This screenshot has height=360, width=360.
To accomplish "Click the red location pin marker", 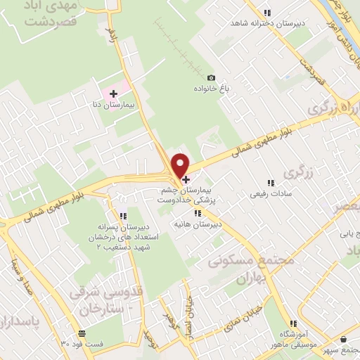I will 181,165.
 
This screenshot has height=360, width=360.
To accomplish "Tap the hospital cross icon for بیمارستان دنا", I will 113,93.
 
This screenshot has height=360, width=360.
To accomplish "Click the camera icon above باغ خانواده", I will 211,77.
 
